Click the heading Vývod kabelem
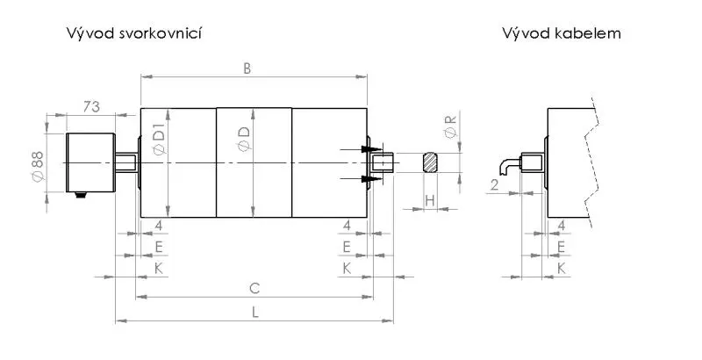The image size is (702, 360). click(x=562, y=33)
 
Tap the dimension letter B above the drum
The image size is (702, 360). click(x=248, y=67)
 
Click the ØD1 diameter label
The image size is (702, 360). click(x=159, y=140)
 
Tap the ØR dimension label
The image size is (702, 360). click(x=450, y=125)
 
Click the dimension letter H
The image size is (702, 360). click(x=429, y=201)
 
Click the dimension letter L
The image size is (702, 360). click(x=254, y=311)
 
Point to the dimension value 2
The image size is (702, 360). click(x=495, y=184)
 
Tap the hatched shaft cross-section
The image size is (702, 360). click(x=432, y=162)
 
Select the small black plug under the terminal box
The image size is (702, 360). click(x=81, y=195)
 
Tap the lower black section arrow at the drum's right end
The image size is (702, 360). click(x=371, y=179)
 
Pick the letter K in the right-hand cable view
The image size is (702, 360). click(x=561, y=265)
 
